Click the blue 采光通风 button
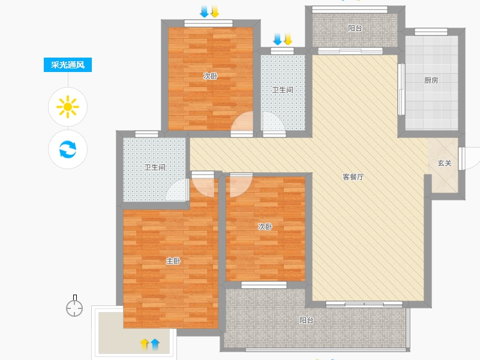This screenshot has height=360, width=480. tap(68, 65)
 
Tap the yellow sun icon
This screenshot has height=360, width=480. tap(68, 107)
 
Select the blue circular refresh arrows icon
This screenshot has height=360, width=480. tap(68, 149)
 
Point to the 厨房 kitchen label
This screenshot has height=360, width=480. tap(431, 80)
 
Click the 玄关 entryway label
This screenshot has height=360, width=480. tap(445, 163)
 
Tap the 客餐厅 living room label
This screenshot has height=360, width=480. tap(353, 177)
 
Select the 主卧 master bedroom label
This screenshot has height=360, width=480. tap(173, 261)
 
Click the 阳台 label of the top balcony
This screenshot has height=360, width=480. tap(355, 28)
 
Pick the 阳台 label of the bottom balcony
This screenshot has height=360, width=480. tap(307, 320)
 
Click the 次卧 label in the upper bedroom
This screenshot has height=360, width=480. tap(211, 76)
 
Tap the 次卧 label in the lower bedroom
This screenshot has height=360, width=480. tap(265, 227)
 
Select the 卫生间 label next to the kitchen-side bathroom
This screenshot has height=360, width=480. tap(283, 90)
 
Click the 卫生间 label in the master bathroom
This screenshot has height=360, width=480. tap(155, 167)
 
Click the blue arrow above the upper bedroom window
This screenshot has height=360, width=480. tap(204, 11)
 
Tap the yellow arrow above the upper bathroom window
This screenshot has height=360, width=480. tap(288, 39)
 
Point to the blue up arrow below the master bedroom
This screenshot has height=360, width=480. tap(155, 344)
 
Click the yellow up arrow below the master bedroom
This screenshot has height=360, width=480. tap(145, 344)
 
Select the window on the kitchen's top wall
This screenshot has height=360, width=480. tap(431, 32)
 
